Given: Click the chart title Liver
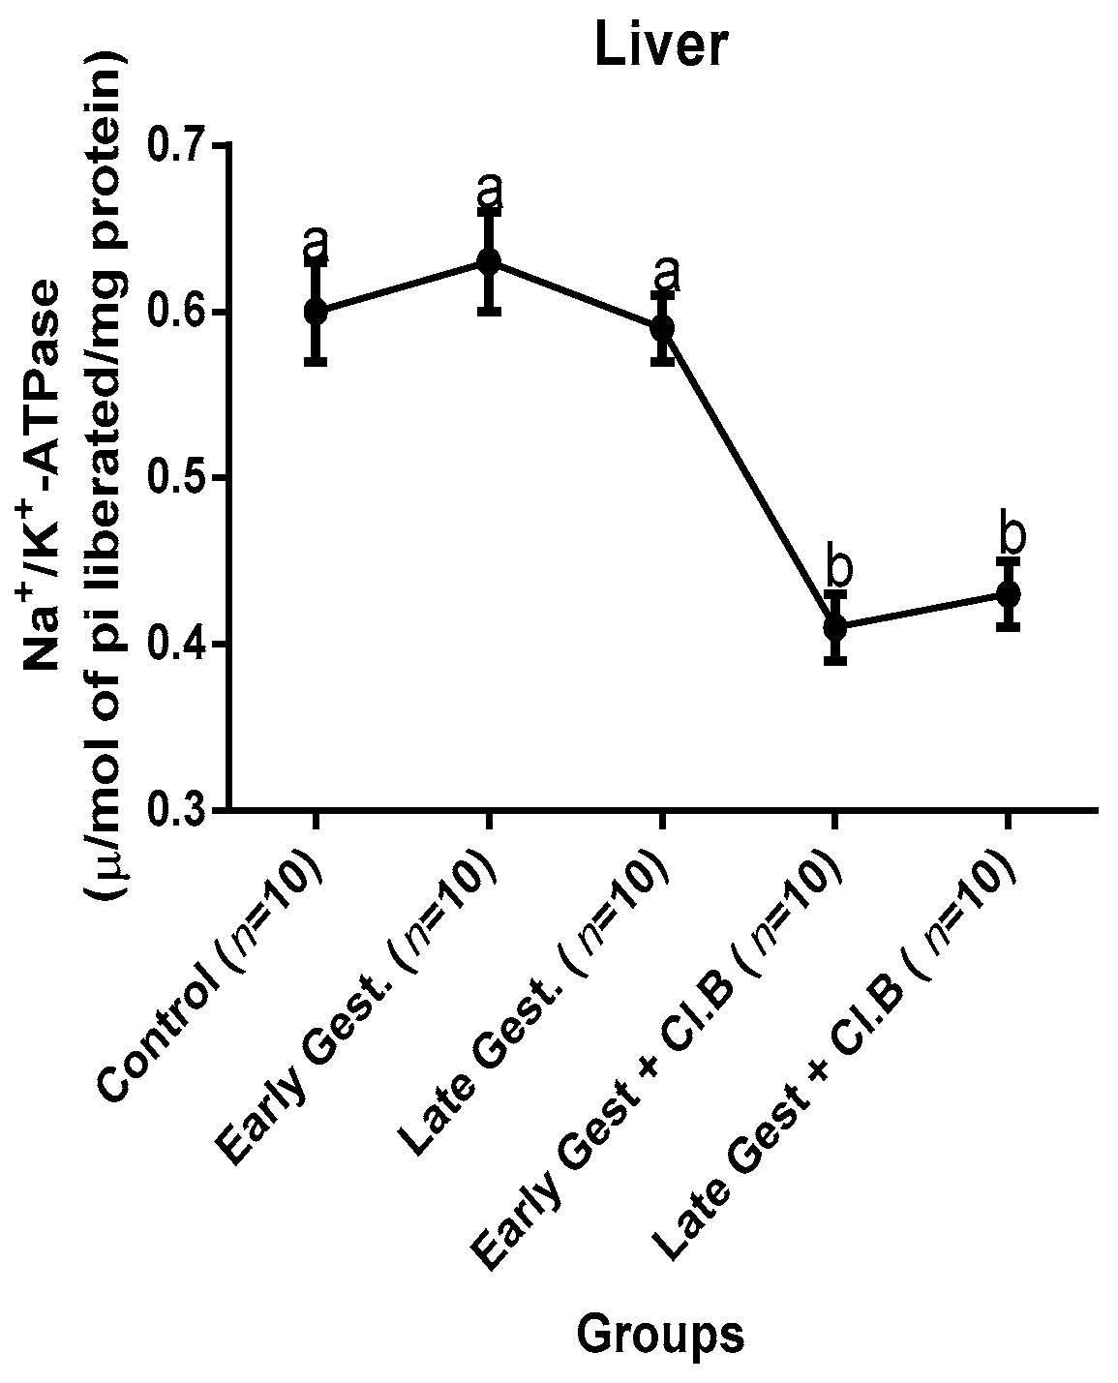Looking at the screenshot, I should coord(661,45).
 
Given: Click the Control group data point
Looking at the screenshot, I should coord(316,311).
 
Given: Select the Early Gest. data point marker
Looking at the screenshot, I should coord(489,261).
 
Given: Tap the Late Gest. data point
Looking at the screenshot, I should coord(662,328).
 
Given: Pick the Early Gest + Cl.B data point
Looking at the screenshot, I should coord(835,627).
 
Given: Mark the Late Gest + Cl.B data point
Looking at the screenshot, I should coord(1009,593).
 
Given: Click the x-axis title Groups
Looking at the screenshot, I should coord(661,1335).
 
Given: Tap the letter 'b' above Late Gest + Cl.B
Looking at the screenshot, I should coord(1012,533).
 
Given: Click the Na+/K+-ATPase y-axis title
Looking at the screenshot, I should coord(48,474).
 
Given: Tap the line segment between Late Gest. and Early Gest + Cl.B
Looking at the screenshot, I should coord(749,478).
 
